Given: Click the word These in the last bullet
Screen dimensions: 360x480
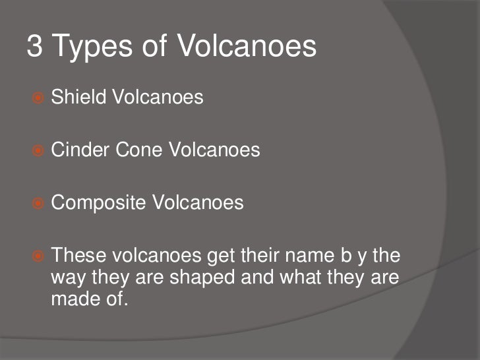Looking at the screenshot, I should [73, 255].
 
